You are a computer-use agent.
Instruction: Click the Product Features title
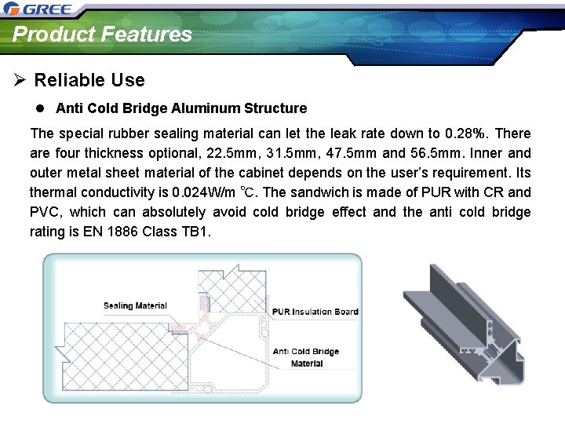tap(102, 34)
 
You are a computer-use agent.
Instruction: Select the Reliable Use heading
tap(89, 80)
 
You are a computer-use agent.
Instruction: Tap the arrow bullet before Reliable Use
tap(20, 80)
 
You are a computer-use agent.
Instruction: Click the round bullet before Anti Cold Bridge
tap(38, 108)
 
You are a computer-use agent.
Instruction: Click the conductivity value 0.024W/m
tap(195, 192)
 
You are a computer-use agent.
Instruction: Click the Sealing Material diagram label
tap(135, 306)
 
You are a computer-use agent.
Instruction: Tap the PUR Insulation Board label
tap(315, 312)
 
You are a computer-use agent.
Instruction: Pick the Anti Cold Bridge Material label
tap(306, 357)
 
